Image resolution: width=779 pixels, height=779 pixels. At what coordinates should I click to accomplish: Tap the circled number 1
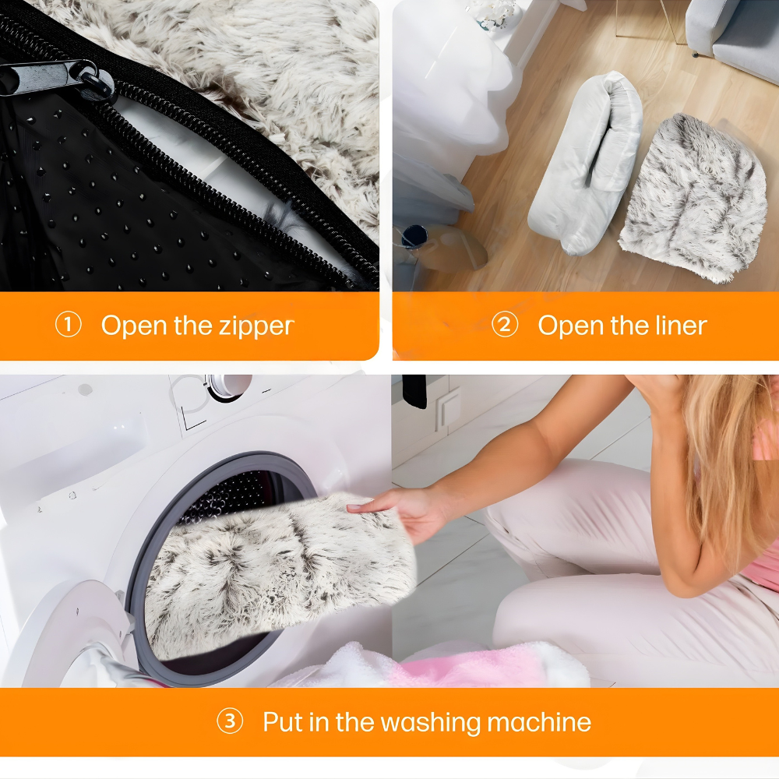(x=68, y=326)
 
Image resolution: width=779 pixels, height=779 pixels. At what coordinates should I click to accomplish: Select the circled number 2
(x=505, y=325)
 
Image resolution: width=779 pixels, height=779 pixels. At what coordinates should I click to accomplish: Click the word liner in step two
(x=681, y=326)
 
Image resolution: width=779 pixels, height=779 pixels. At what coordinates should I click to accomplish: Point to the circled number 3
(x=230, y=721)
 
